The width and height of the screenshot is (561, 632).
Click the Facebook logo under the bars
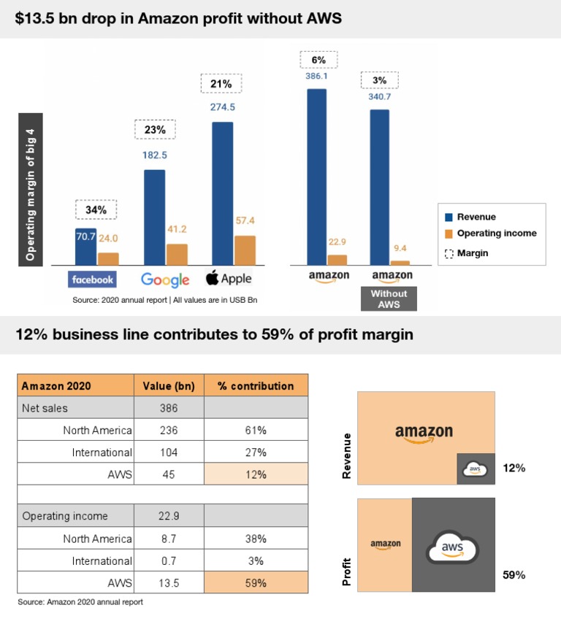point(92,279)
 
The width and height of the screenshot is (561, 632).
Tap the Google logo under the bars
point(165,280)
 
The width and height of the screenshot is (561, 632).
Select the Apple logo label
point(228,278)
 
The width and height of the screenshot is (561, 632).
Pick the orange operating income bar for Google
point(177,254)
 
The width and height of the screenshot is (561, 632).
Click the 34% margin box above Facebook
point(96,210)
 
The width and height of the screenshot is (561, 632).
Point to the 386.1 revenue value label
point(316,75)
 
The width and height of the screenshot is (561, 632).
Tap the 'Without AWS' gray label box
point(389,298)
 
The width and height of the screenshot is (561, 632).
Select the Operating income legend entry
point(496,234)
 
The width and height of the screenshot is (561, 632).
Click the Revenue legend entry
point(476,217)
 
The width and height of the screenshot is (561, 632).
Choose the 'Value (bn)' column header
point(168,386)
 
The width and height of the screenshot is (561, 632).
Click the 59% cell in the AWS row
point(256,583)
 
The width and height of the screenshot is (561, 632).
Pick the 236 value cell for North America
point(168,430)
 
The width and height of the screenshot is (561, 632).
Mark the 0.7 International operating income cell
point(168,561)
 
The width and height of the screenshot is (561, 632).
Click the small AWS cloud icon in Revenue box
point(475,469)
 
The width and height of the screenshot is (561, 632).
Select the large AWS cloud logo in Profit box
point(453,546)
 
